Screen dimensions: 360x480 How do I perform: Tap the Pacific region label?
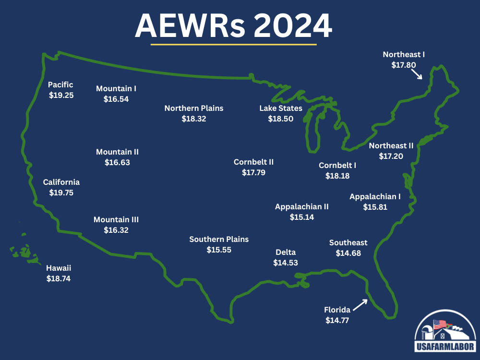click(x=60, y=85)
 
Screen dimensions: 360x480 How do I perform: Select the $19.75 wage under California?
click(x=61, y=192)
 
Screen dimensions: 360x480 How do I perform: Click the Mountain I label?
click(x=116, y=89)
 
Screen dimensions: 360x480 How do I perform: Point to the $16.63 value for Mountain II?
click(x=117, y=162)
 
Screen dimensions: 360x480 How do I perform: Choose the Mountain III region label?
click(x=116, y=219)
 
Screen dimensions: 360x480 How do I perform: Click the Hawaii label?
click(x=59, y=268)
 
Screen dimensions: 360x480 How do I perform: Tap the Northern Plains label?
click(x=194, y=108)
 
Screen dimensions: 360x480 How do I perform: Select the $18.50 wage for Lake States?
click(x=281, y=119)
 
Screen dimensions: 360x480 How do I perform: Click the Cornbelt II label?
click(x=253, y=162)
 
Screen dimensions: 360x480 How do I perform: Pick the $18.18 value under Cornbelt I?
click(x=337, y=176)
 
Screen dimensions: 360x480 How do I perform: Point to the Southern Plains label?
click(x=219, y=240)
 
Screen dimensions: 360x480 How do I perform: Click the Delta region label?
click(x=286, y=252)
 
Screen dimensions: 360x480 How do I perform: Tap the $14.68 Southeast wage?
click(x=348, y=253)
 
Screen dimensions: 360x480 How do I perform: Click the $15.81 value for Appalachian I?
click(x=375, y=207)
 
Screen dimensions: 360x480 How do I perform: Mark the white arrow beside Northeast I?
click(x=416, y=73)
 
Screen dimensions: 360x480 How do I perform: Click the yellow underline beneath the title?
click(x=234, y=45)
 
